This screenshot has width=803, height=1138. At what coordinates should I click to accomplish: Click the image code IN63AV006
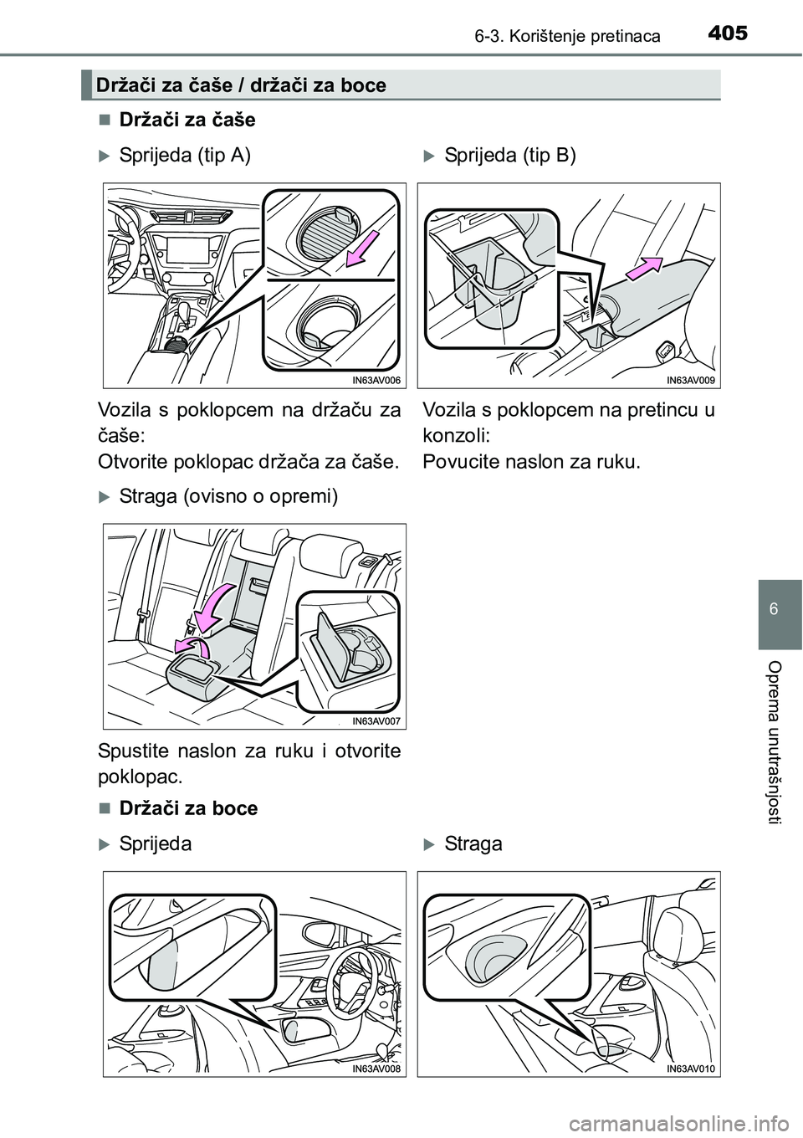tap(376, 381)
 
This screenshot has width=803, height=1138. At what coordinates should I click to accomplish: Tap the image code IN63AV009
tap(691, 381)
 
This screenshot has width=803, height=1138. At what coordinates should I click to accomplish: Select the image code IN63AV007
tap(376, 721)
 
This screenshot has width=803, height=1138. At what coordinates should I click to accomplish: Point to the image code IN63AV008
tap(376, 1069)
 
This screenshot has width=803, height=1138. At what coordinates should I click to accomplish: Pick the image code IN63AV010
tap(691, 1069)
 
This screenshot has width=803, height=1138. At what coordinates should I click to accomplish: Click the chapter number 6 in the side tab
tap(780, 607)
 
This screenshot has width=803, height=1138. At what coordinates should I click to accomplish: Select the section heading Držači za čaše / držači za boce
tap(241, 85)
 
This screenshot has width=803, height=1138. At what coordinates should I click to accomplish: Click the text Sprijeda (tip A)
tap(184, 156)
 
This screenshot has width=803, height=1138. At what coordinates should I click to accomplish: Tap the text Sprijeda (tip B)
tap(509, 156)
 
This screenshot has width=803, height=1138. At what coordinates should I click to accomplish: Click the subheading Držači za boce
tap(188, 809)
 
